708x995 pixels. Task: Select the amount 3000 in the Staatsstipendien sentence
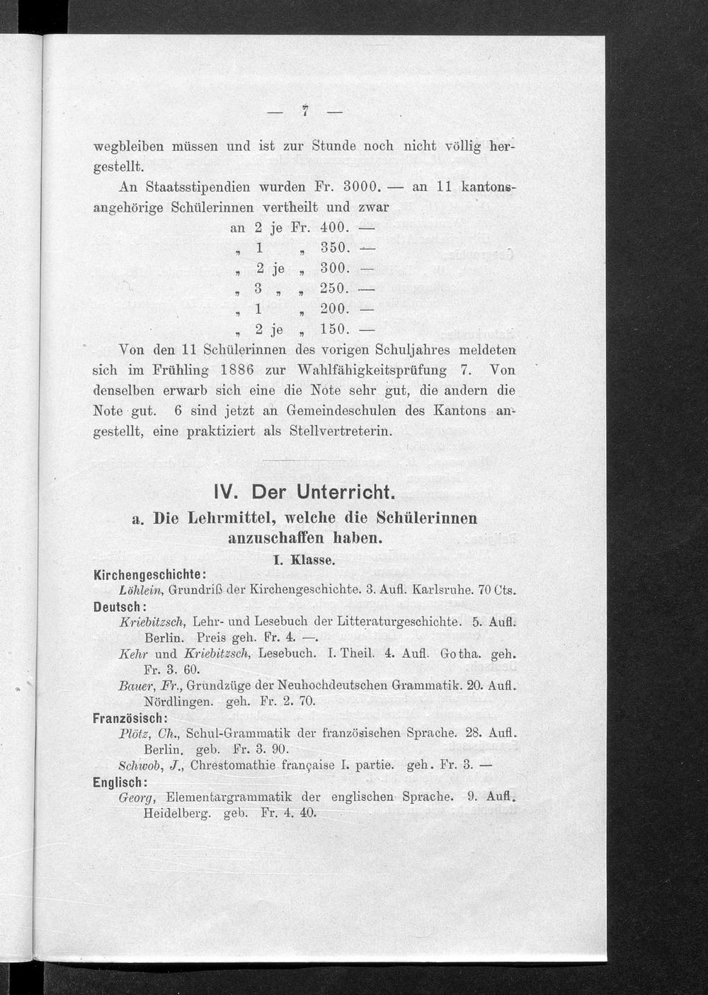point(362,188)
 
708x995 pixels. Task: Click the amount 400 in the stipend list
point(333,228)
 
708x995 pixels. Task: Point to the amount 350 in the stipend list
point(332,249)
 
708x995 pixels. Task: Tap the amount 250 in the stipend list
point(332,289)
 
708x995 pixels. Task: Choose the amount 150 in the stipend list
point(332,329)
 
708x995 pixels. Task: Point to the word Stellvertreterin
point(341,431)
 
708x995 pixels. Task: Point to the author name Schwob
point(140,766)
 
